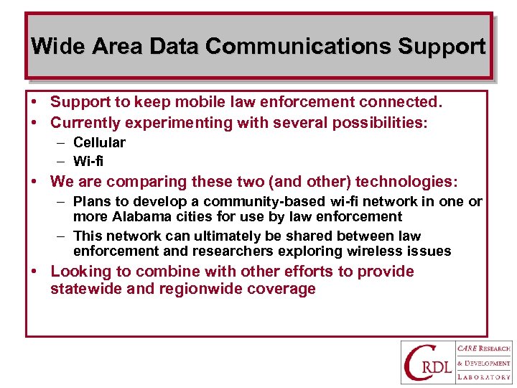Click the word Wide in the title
coord(54,47)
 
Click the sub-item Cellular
coord(99,142)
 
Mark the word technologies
coord(406,182)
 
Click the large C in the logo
coord(417,361)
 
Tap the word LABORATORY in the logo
coord(484,377)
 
